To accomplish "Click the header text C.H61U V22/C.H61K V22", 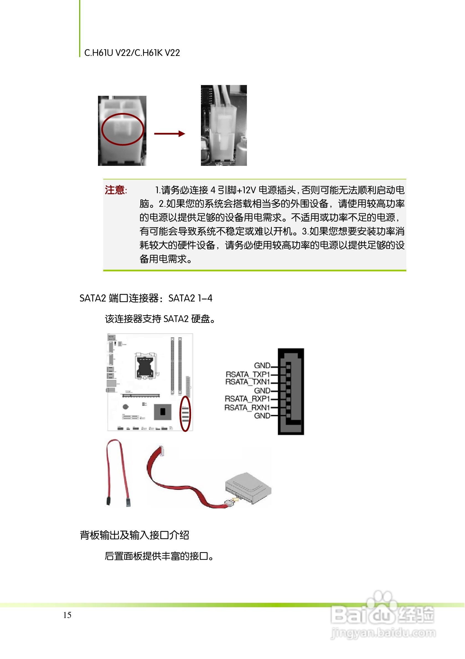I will (x=132, y=53).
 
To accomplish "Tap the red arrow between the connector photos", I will (x=169, y=134).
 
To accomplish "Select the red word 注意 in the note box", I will (x=115, y=190).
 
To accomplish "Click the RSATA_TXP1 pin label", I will (x=247, y=375).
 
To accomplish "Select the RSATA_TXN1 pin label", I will (x=247, y=382).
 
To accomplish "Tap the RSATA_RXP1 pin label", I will (x=247, y=399).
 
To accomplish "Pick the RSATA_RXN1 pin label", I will (x=247, y=408).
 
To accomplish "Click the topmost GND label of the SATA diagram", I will (x=262, y=366).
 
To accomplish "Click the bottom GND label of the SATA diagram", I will (x=262, y=416).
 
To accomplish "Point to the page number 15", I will (x=67, y=615).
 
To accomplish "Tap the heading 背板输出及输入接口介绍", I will (x=134, y=536).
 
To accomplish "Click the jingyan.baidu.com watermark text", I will (x=383, y=633).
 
